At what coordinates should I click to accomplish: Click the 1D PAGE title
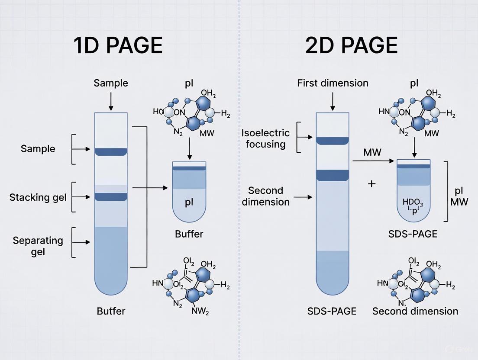point(118,45)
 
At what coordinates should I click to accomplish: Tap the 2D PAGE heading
point(351,45)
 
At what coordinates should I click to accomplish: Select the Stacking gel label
point(38,197)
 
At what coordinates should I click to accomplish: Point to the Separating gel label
point(38,246)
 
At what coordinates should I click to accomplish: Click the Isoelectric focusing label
point(265,138)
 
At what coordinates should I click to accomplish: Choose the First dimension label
point(333,83)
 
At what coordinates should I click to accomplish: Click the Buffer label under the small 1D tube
point(189,234)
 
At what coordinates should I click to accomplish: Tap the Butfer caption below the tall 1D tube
point(111,311)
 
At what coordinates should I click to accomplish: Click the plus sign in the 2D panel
point(371,183)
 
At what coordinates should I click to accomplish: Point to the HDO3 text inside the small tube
point(414,202)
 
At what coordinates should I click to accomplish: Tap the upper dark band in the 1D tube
point(111,151)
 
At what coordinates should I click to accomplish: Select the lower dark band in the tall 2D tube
point(332,175)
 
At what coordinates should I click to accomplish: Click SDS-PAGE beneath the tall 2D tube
point(332,311)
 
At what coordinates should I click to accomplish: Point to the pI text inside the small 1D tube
point(189,203)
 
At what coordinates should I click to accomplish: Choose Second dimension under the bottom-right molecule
point(415,311)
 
